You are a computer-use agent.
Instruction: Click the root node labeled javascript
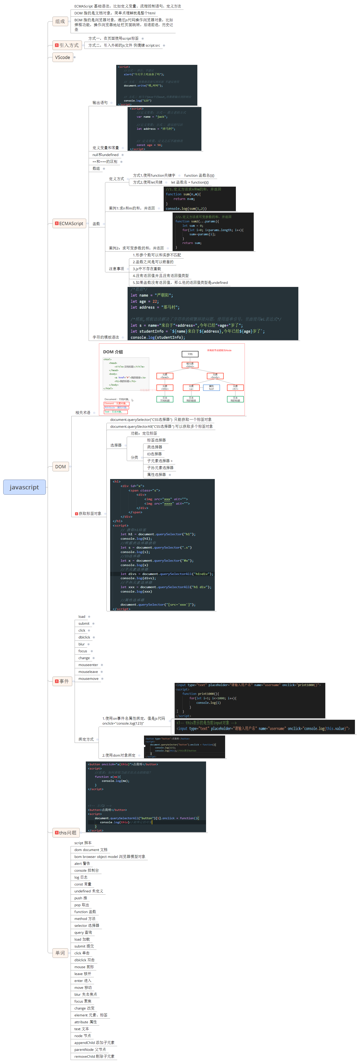click(24, 487)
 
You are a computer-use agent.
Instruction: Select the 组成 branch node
click(60, 21)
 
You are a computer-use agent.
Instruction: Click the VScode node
click(63, 57)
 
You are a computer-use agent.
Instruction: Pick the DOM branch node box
click(60, 467)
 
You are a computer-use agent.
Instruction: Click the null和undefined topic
click(105, 155)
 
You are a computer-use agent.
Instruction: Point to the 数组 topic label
click(96, 168)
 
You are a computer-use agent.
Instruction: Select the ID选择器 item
click(154, 454)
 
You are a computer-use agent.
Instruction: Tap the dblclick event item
click(84, 637)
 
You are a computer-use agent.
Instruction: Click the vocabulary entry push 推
click(81, 898)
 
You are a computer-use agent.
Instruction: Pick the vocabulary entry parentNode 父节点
click(90, 1049)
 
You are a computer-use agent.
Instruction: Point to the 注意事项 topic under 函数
click(116, 269)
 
